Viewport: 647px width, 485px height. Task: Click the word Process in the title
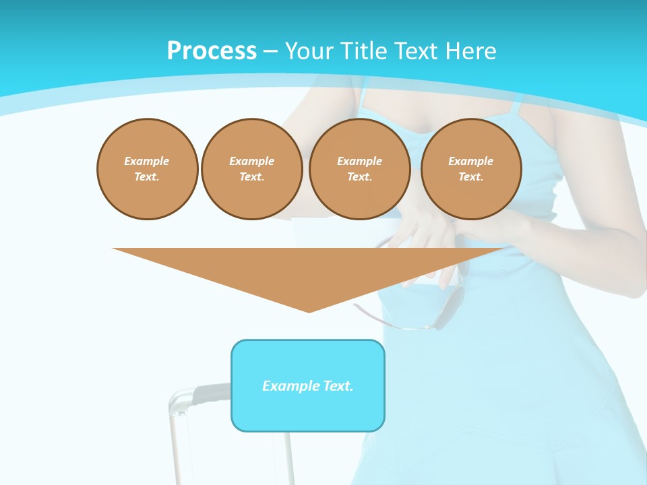click(x=212, y=51)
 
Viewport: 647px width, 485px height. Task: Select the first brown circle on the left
click(x=148, y=169)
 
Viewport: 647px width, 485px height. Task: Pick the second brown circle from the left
click(x=252, y=169)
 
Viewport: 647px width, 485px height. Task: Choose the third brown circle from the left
click(x=360, y=169)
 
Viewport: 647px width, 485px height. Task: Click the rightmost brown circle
click(x=471, y=169)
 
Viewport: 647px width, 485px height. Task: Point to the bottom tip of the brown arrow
click(x=309, y=311)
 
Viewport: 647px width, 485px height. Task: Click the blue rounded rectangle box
click(x=308, y=411)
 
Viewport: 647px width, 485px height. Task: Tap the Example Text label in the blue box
click(x=308, y=386)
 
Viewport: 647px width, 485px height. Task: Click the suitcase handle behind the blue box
click(x=195, y=394)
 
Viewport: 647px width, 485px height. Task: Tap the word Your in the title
click(x=309, y=51)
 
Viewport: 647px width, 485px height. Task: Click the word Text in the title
click(x=416, y=51)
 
